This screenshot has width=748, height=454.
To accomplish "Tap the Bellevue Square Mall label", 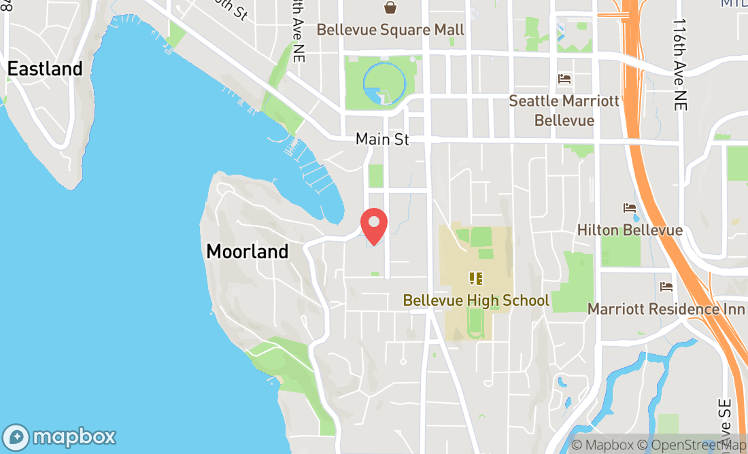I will click(x=390, y=30).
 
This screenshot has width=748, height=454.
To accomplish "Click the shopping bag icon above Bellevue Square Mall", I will click(x=390, y=7).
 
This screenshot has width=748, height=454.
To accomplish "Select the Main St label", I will click(x=382, y=139).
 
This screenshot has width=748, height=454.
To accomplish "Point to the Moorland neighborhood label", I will click(x=247, y=251).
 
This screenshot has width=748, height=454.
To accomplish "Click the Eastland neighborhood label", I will click(x=45, y=69).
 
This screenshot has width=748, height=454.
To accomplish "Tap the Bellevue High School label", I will click(x=476, y=300).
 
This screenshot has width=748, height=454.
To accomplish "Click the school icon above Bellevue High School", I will click(x=476, y=278).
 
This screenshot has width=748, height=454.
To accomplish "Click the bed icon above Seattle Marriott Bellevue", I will click(x=564, y=79).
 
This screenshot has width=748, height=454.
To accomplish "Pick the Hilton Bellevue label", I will click(x=630, y=230).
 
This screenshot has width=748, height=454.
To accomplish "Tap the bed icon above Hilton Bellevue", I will click(x=630, y=208).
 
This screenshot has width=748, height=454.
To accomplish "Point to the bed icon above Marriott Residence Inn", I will click(x=666, y=287).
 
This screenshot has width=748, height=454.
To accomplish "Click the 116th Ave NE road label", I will click(x=680, y=65).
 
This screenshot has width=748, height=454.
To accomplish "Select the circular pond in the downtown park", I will click(x=385, y=83).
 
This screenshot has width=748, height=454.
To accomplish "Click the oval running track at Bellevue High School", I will click(x=476, y=326).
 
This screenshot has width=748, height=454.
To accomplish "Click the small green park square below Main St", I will click(x=375, y=175).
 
